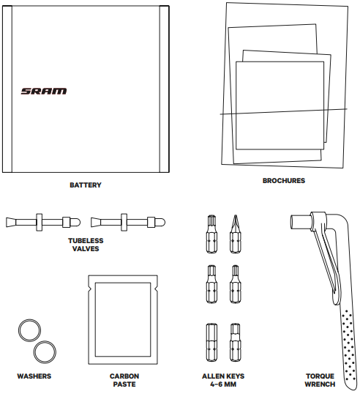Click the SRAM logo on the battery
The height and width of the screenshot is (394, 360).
pos(44,91)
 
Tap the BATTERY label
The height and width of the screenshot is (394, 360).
pos(86,185)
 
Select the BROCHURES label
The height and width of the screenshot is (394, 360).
pos(284,181)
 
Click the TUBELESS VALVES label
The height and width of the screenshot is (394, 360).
pos(86,245)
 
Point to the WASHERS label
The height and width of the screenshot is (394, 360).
pos(34,376)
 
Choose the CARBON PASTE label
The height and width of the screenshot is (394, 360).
pos(124,380)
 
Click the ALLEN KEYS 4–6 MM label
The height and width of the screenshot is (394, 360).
pos(223,380)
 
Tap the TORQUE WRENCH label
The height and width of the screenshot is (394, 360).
pos(320,380)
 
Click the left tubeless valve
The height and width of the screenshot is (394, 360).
pos(43,223)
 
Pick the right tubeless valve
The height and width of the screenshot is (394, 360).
pos(128,223)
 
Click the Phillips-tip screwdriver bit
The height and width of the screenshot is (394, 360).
pos(235,234)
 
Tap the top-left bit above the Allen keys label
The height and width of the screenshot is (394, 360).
pos(211,234)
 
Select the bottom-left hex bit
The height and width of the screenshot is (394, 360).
pos(211,343)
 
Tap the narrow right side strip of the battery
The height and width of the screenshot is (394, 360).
pos(164,89)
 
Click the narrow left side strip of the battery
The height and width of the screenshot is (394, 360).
pos(7,89)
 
